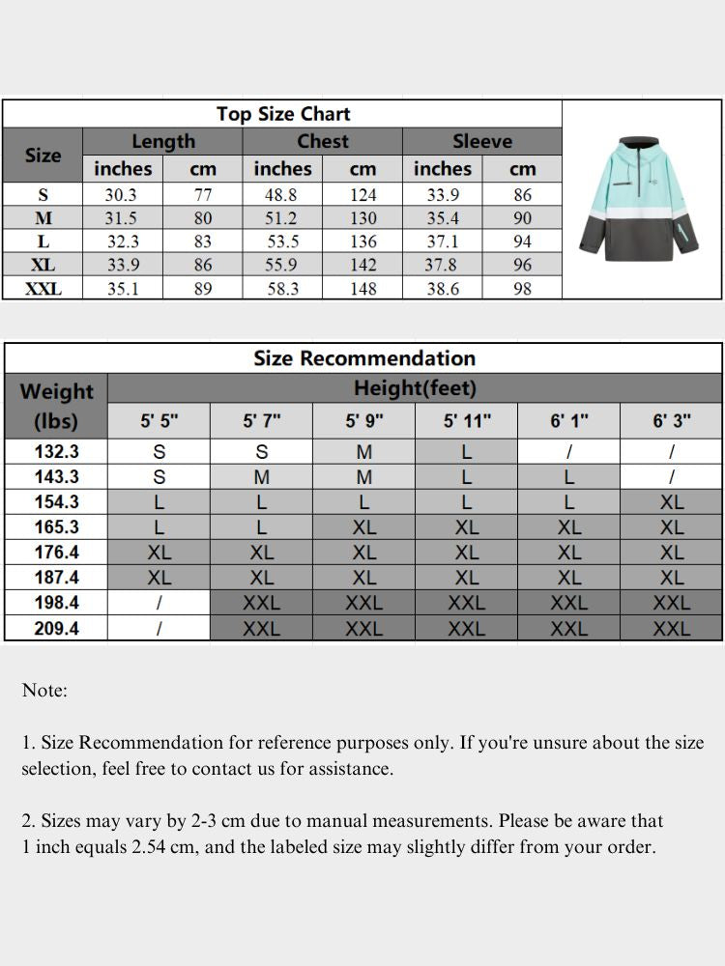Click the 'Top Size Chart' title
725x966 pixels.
tap(283, 114)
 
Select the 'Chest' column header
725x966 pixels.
tap(322, 141)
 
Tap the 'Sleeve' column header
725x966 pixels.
tap(481, 141)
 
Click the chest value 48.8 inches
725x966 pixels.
tap(282, 195)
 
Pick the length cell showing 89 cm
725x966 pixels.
tap(203, 288)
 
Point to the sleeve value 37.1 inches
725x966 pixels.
tap(442, 241)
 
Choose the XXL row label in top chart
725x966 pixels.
tap(43, 288)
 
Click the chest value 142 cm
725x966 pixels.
tap(362, 265)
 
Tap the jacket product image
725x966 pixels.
tap(642, 198)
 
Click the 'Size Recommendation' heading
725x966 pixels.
tap(364, 358)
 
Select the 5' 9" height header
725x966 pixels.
tap(363, 421)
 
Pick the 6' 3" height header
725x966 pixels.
tap(672, 421)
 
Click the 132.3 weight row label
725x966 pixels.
tap(56, 451)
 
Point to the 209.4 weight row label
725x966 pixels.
tap(56, 628)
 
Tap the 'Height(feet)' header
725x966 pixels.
tap(415, 389)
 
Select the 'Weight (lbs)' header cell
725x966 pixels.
tap(56, 406)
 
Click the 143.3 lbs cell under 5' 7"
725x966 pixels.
tap(261, 477)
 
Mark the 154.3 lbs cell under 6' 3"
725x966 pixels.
tap(672, 502)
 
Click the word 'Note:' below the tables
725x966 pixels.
tap(44, 691)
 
